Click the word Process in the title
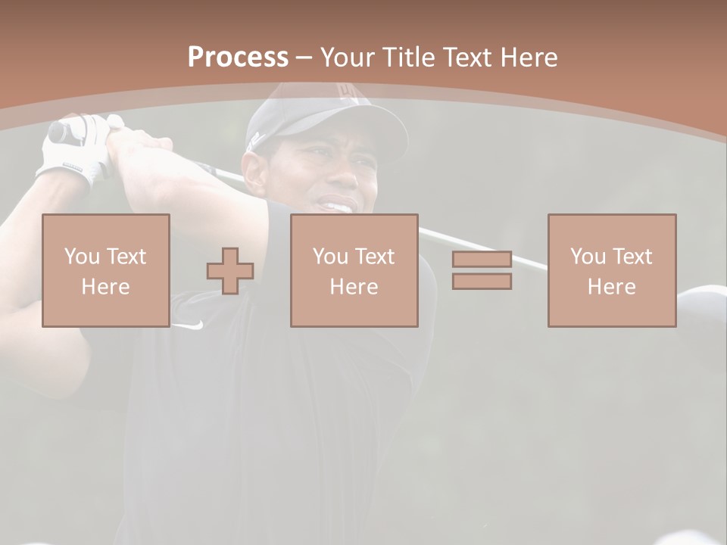pyautogui.click(x=238, y=58)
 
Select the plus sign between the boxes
pyautogui.click(x=230, y=271)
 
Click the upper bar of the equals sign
pyautogui.click(x=482, y=260)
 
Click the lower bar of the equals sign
pyautogui.click(x=482, y=282)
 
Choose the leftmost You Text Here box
pyautogui.click(x=105, y=271)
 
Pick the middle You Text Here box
pyautogui.click(x=354, y=271)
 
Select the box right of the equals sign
pyautogui.click(x=612, y=271)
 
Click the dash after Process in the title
pyautogui.click(x=304, y=58)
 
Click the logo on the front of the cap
pyautogui.click(x=348, y=92)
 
